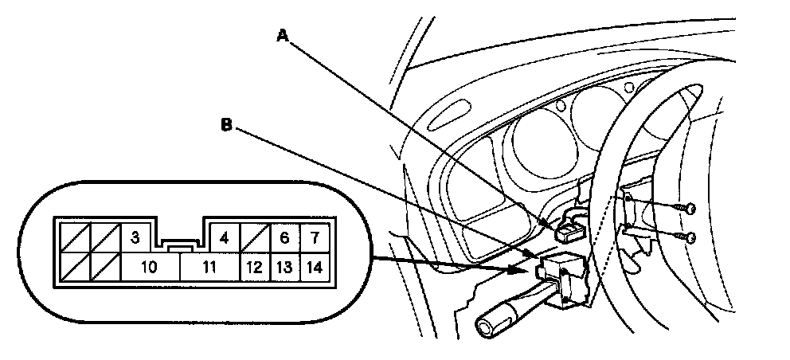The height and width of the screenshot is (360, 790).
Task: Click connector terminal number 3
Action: pos(135,237)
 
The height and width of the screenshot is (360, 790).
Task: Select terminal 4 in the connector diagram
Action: pos(225,237)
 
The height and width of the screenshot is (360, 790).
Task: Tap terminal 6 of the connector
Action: pos(284,237)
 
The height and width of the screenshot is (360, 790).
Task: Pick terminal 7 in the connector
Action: pos(315,237)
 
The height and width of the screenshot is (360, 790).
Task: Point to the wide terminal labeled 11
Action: pos(209,268)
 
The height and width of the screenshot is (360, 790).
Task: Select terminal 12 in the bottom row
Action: pos(255,268)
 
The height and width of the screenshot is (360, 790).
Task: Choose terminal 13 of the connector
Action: pos(284,268)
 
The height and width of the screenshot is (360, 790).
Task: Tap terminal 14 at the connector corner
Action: pos(315,268)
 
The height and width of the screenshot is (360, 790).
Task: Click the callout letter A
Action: pos(281,35)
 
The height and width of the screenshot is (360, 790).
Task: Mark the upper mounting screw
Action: pos(690,209)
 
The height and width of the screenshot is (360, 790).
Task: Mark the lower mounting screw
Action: pos(690,237)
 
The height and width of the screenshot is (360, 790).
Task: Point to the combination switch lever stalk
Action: pos(510,312)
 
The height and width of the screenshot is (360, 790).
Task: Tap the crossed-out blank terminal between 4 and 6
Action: pos(255,237)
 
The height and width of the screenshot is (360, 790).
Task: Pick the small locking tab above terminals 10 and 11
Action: pos(180,248)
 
